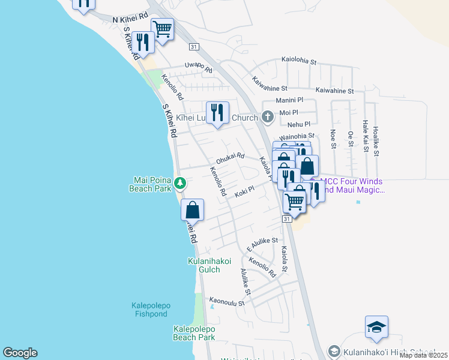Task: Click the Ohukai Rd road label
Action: click(230, 159)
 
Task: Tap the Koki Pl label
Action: click(245, 191)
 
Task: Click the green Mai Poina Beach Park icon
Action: click(179, 184)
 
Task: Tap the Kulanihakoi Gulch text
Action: click(209, 265)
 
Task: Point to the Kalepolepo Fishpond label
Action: click(151, 310)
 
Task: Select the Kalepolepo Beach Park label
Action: click(194, 333)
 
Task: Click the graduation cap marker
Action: click(376, 327)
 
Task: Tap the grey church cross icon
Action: click(268, 116)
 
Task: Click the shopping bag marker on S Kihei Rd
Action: click(193, 210)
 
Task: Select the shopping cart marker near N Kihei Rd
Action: click(163, 28)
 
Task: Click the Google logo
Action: click(20, 353)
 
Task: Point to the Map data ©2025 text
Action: click(423, 355)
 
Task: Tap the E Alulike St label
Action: click(262, 244)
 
